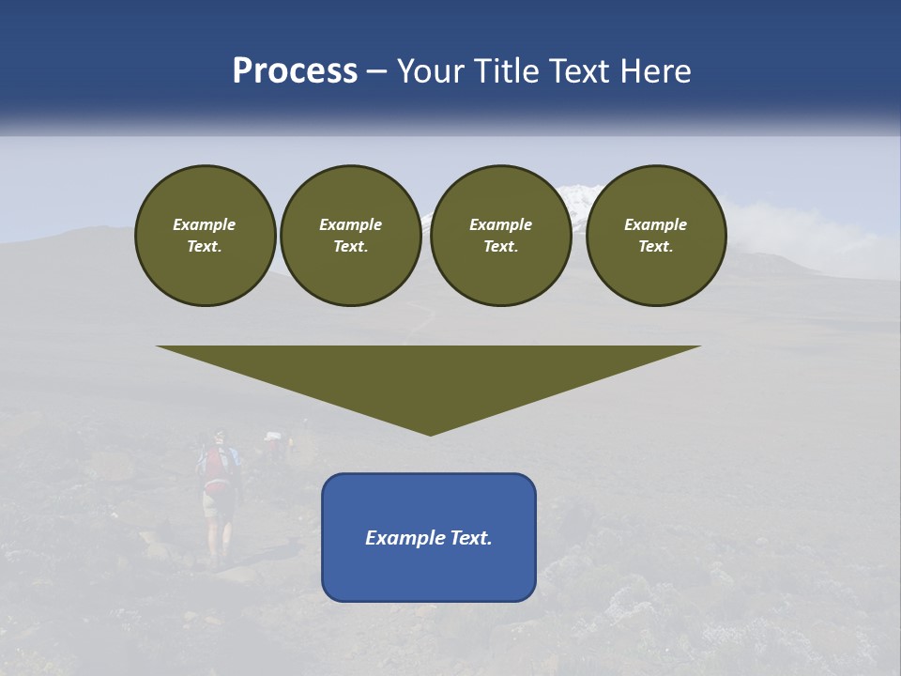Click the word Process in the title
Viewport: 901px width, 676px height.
(295, 71)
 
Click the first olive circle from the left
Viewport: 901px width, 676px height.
(205, 236)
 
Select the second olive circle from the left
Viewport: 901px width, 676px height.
(350, 236)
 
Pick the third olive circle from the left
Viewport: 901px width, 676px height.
(500, 236)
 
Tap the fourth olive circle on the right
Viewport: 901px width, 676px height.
(656, 236)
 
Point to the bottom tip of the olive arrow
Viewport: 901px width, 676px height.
(430, 433)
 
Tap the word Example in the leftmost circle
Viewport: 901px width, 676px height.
(205, 224)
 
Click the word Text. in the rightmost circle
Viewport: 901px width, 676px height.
(656, 247)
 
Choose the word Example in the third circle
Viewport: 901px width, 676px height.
(500, 224)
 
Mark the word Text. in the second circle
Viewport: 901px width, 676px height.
(350, 247)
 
